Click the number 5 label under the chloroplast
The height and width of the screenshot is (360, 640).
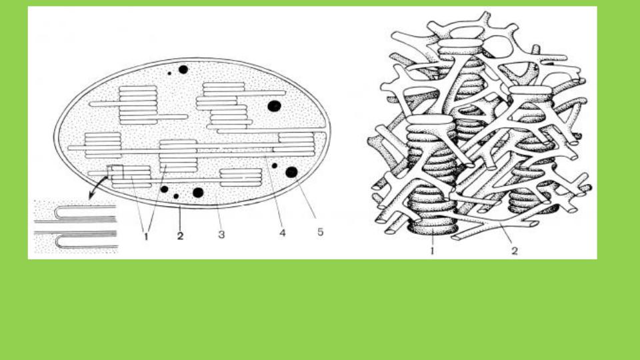pos(321,232)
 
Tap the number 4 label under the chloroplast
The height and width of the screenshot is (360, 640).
pos(283,233)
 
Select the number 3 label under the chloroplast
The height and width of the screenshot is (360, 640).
pos(221,235)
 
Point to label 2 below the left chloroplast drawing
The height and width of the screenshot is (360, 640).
pos(181,235)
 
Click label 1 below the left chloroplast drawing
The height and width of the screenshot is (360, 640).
pos(146,236)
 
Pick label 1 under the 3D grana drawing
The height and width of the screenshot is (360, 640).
pos(433,251)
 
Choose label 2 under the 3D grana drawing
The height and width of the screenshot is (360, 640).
pos(515,251)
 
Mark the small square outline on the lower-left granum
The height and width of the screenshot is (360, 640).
pos(115,172)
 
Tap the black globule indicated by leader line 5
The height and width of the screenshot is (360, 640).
pos(291,172)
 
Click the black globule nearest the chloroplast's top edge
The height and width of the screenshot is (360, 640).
pos(183,69)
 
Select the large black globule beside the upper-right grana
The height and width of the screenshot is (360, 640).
pos(274,106)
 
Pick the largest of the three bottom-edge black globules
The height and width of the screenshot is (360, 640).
pos(198,193)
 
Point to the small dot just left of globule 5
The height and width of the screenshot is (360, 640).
pos(274,166)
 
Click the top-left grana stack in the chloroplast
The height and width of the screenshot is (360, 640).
pos(138,105)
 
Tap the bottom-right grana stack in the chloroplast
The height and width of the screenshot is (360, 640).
pos(241,177)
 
